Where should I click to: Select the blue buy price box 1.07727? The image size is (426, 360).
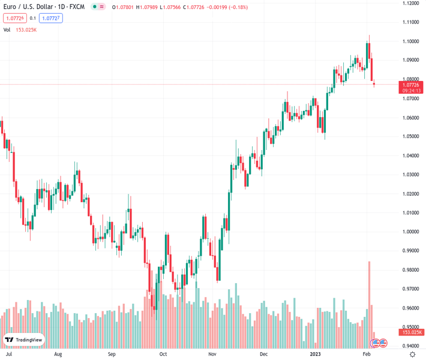point(52,19)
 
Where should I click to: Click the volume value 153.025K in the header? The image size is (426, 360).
point(26,29)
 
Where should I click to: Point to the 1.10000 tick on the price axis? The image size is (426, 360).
point(411,41)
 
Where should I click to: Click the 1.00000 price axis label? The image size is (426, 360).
point(411,232)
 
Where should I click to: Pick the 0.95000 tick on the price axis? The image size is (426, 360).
point(411,327)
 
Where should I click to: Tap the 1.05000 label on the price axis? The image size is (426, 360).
point(411,136)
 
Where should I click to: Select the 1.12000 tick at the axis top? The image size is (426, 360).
point(411,4)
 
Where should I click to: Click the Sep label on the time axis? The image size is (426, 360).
point(111,354)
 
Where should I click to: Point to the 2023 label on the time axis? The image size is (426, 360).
point(316,354)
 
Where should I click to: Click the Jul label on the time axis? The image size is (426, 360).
point(9,354)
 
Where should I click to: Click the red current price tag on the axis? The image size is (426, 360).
point(412,88)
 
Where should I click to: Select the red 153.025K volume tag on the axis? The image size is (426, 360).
point(412,332)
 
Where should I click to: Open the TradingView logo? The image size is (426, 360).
point(24,340)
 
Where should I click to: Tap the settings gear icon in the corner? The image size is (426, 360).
point(412,354)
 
